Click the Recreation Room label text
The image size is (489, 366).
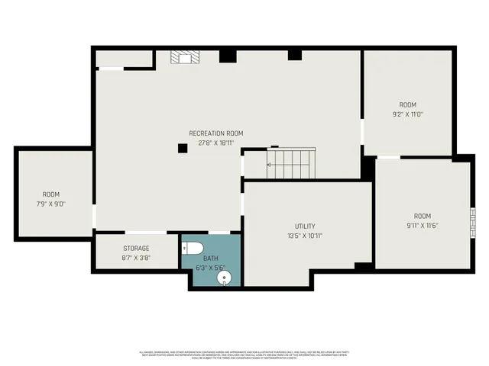click(216, 133)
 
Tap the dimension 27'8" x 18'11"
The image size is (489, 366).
click(216, 143)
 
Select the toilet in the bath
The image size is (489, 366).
click(193, 248)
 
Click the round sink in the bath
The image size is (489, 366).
click(224, 278)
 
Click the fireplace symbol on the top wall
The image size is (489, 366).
click(183, 58)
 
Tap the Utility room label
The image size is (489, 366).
click(305, 226)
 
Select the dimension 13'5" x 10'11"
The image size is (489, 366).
click(305, 236)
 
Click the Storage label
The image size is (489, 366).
click(136, 249)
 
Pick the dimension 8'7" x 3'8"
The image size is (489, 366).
click(136, 258)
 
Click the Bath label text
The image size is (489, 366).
click(210, 258)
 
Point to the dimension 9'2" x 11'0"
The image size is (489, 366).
click(406, 114)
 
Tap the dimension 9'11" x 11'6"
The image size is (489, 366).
click(422, 225)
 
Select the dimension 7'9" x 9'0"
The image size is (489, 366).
click(51, 204)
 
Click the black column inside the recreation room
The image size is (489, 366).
click(183, 148)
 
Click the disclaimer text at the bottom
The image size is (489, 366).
click(244, 355)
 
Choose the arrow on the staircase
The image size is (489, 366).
click(270, 164)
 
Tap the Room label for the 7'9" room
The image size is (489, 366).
click(51, 194)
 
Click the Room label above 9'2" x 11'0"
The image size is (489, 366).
click(406, 104)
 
